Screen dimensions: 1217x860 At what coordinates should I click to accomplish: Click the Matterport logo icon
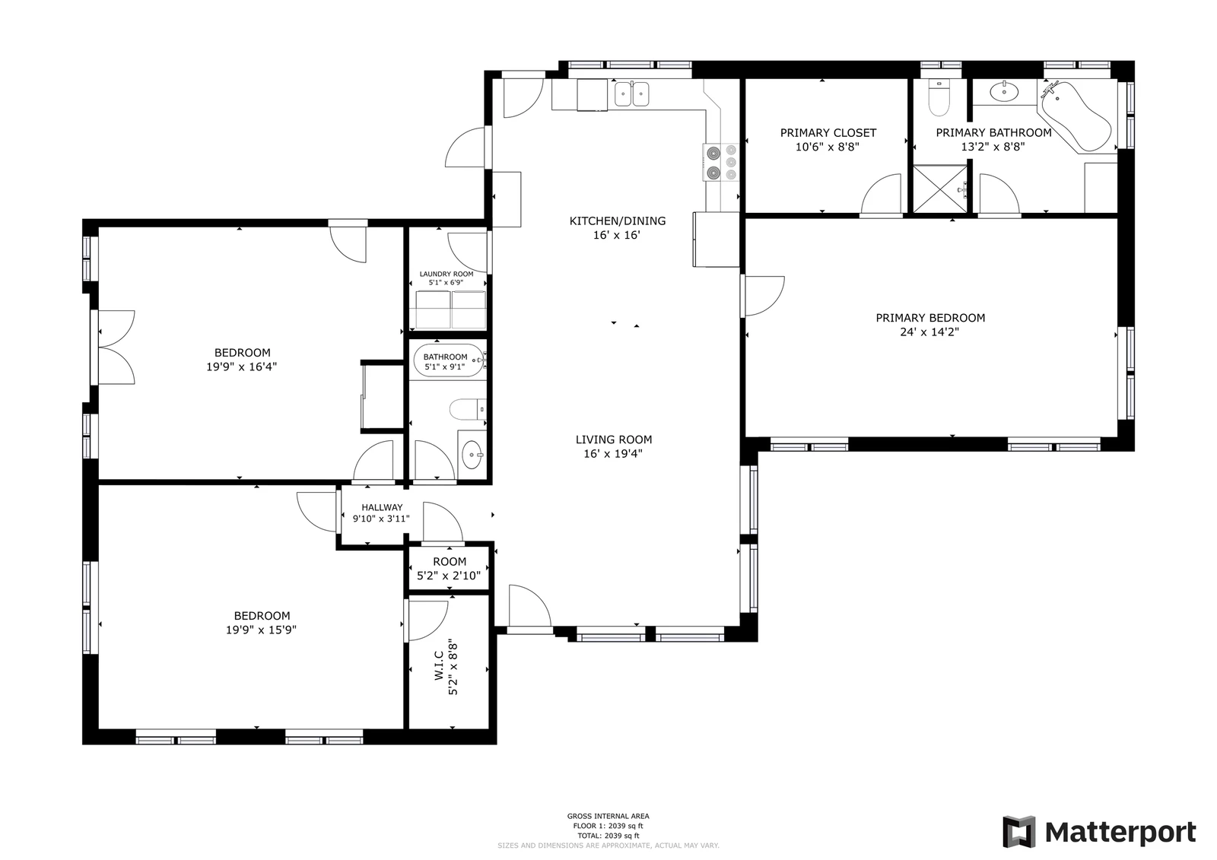click(1019, 832)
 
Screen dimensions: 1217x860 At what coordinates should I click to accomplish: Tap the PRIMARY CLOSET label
click(828, 132)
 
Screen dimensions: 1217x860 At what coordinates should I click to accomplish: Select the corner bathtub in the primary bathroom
click(1076, 116)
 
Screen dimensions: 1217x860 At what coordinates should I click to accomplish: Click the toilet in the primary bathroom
click(939, 98)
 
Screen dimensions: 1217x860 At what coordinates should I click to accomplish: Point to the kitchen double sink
click(631, 94)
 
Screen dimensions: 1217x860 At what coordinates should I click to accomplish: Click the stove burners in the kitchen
click(722, 162)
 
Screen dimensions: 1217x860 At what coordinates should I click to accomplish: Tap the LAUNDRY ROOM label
click(446, 274)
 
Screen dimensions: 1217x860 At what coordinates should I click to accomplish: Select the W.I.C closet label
click(439, 665)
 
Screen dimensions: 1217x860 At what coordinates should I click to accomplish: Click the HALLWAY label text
click(382, 507)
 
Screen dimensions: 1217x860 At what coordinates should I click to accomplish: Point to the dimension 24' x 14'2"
click(929, 332)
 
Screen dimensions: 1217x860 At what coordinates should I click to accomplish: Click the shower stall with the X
click(940, 189)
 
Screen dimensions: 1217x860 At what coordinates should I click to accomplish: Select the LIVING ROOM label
click(614, 440)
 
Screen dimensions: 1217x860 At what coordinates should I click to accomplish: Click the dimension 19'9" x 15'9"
click(262, 630)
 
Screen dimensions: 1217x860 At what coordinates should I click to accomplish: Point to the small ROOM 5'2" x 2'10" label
click(450, 568)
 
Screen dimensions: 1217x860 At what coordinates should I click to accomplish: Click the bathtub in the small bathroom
click(448, 360)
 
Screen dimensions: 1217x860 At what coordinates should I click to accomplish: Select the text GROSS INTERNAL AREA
click(608, 816)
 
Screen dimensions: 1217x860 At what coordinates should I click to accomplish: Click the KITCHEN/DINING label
click(617, 221)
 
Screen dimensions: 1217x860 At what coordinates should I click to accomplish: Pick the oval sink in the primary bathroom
click(1004, 92)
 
